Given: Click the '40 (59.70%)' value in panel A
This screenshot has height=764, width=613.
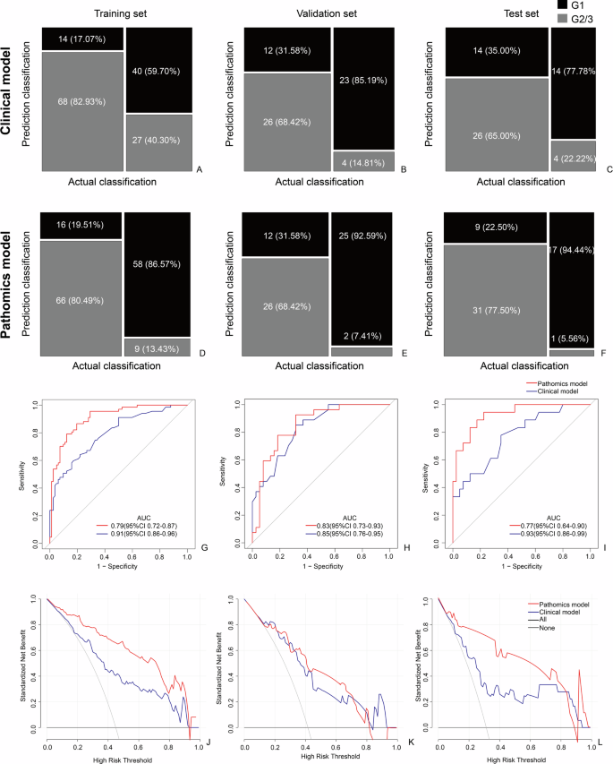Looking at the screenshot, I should point(160,70).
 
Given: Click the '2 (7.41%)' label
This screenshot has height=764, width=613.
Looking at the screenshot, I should point(362,336).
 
